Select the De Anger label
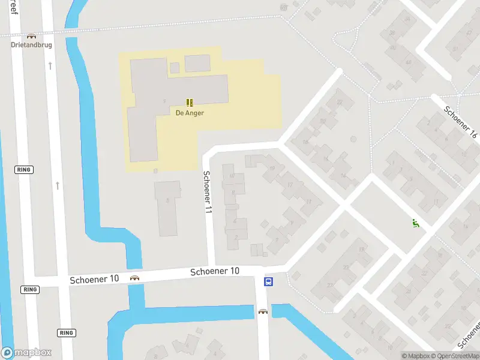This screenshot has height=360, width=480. (x=190, y=112)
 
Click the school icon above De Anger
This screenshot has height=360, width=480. (x=190, y=103)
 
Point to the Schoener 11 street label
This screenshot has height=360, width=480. (x=207, y=193)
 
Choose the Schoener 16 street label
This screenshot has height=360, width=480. (x=460, y=122)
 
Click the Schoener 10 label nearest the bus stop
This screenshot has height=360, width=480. (x=215, y=271)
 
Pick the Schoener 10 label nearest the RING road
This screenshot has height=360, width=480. (x=94, y=279)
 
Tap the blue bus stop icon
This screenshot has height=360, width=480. (x=269, y=281)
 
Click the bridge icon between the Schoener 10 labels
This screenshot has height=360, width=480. (x=134, y=278)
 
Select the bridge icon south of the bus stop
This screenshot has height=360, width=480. (x=263, y=311)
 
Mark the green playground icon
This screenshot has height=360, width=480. (x=415, y=223)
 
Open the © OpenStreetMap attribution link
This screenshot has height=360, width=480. (x=455, y=356)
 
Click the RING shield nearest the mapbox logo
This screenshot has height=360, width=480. (x=66, y=332)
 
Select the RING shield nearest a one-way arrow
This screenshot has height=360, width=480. (x=24, y=170)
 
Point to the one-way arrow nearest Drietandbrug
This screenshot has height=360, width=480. (x=50, y=65)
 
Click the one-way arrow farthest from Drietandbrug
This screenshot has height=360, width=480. (x=58, y=185)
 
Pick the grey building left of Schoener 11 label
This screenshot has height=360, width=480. (x=167, y=208)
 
